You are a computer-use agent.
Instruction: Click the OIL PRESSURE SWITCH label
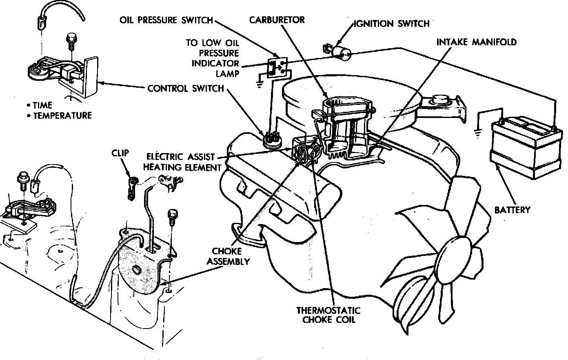166,20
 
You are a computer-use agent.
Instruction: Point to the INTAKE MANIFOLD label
476,42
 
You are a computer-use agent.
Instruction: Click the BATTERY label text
512,210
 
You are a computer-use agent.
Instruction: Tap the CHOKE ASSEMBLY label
228,256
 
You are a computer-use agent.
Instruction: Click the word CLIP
120,153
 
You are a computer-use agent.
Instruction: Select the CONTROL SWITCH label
185,88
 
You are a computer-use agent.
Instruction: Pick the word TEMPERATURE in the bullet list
62,116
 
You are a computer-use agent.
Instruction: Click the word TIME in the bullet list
42,105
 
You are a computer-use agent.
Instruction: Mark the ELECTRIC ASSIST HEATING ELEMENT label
184,162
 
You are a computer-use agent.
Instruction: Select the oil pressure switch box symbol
277,67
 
